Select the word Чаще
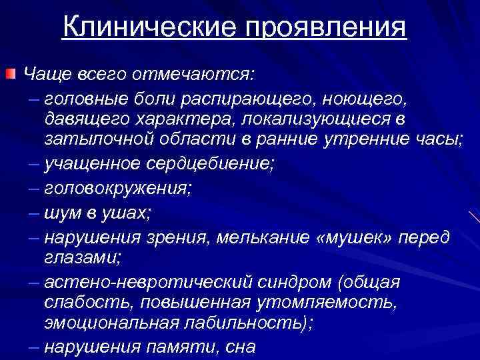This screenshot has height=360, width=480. point(46,71)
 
